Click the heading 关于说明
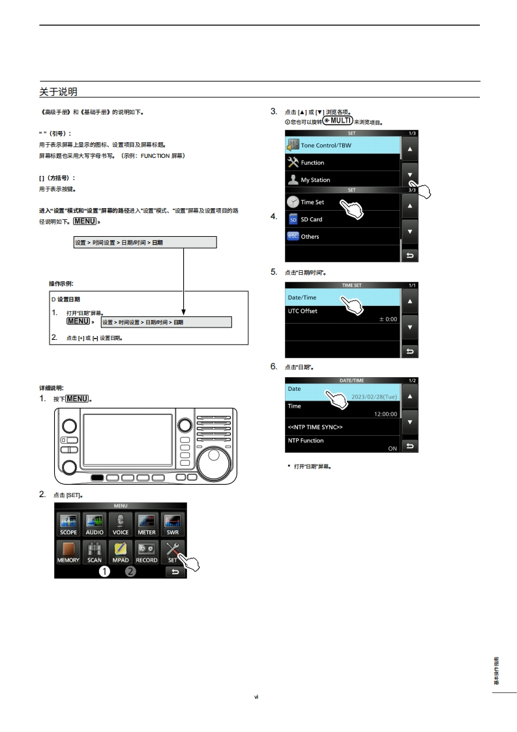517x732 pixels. pyautogui.click(x=58, y=91)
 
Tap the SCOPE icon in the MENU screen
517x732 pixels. pyautogui.click(x=68, y=523)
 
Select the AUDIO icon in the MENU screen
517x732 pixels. pyautogui.click(x=95, y=523)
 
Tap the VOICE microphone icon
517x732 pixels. pyautogui.click(x=121, y=523)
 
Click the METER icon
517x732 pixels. pyautogui.click(x=147, y=523)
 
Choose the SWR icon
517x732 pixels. pyautogui.click(x=173, y=523)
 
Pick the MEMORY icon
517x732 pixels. pyautogui.click(x=68, y=551)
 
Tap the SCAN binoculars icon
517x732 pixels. pyautogui.click(x=95, y=551)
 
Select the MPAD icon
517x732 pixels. pyautogui.click(x=121, y=551)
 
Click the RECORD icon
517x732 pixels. pyautogui.click(x=147, y=551)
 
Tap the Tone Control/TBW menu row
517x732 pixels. pyautogui.click(x=342, y=145)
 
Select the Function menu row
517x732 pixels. pyautogui.click(x=342, y=162)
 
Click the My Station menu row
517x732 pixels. pyautogui.click(x=342, y=179)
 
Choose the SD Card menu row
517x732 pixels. pyautogui.click(x=342, y=219)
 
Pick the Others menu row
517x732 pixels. pyautogui.click(x=342, y=236)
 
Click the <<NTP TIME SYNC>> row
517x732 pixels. pyautogui.click(x=342, y=427)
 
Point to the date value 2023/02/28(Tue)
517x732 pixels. pyautogui.click(x=374, y=396)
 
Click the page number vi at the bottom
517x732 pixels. pyautogui.click(x=257, y=697)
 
